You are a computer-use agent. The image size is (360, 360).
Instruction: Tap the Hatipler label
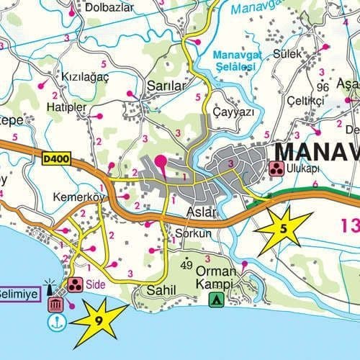66,107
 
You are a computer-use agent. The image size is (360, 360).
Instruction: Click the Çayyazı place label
234,113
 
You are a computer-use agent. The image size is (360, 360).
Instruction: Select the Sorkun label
193,234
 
